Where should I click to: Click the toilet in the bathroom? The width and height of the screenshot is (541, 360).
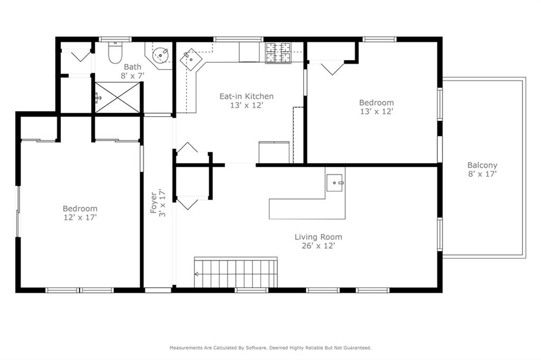(x=115, y=52)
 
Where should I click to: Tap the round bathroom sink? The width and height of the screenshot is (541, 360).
(x=160, y=54)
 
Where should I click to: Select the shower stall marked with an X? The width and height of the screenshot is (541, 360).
(x=117, y=97)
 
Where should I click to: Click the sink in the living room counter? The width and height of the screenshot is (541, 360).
(x=335, y=183)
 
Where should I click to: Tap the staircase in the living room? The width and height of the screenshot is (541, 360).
(x=236, y=273)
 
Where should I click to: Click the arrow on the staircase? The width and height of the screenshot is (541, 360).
(x=198, y=274)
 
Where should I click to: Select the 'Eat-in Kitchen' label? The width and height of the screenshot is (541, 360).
(x=247, y=96)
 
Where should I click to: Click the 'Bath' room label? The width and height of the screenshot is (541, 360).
(x=133, y=67)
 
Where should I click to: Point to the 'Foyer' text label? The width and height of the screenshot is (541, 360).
(x=154, y=203)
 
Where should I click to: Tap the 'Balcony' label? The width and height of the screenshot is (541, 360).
(x=482, y=165)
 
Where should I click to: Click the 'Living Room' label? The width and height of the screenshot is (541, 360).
(x=318, y=237)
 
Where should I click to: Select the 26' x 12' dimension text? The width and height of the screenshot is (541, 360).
(x=318, y=245)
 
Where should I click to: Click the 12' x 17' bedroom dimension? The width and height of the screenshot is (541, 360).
(x=80, y=217)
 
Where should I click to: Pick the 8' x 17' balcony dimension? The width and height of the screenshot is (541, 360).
(x=482, y=173)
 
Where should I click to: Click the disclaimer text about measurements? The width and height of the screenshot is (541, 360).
(x=270, y=348)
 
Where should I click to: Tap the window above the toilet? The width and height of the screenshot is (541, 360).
(x=115, y=39)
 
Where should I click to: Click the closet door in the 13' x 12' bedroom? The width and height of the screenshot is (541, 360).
(x=332, y=67)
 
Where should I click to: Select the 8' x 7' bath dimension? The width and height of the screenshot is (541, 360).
(x=133, y=75)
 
